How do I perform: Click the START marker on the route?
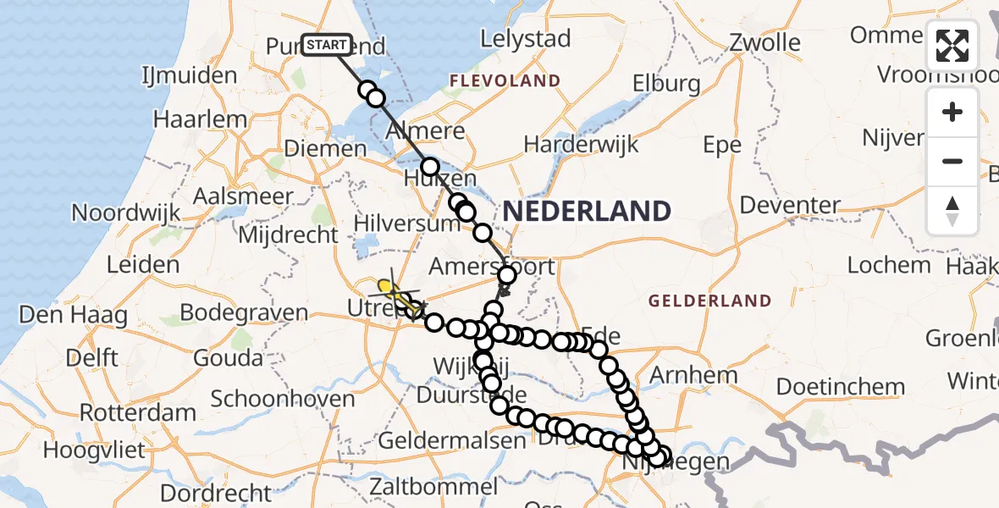pos(327,45)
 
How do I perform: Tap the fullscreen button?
pos(952,46)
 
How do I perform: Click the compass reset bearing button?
pos(952,211)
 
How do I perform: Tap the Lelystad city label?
pos(525,39)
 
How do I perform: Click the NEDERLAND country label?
pos(587,211)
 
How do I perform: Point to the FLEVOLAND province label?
pos(505,81)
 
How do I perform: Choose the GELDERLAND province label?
pos(709,301)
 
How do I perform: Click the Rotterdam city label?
pos(138,414)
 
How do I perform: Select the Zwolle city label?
pos(764,42)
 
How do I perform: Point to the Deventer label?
pos(790,205)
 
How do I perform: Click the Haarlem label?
pos(200,119)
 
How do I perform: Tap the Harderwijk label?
pos(581,144)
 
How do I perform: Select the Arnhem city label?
pos(695,375)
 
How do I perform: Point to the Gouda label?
pos(229,357)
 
